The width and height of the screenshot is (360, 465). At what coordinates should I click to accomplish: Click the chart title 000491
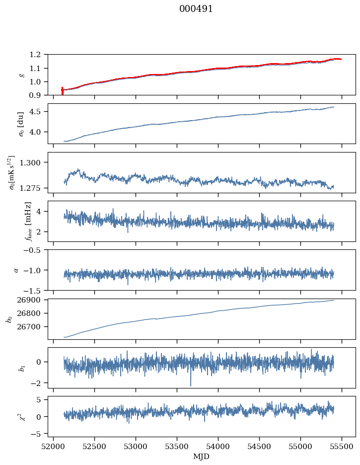[196, 9]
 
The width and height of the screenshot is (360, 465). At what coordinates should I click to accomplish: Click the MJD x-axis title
[202, 457]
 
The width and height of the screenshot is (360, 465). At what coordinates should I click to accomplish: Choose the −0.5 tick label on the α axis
[34, 250]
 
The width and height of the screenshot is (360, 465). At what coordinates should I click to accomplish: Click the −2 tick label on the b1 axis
[37, 384]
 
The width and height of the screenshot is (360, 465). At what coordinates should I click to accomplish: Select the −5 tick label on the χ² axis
[37, 434]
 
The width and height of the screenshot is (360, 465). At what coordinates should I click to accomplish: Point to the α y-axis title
[16, 270]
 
